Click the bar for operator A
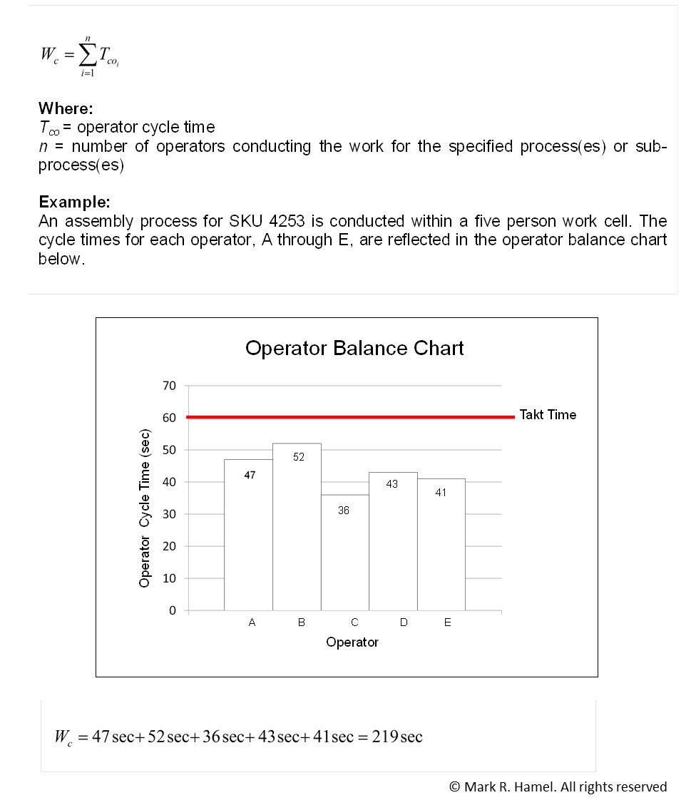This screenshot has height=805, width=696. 248,535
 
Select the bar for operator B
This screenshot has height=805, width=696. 297,528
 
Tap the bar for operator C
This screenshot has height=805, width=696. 344,553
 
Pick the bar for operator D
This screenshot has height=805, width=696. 393,542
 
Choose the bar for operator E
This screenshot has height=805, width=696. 441,545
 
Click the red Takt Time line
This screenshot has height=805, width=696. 349,416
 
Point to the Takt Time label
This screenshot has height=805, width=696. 548,415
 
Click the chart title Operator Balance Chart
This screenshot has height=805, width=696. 354,348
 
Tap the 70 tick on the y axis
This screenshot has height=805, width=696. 169,386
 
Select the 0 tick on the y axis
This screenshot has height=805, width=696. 172,611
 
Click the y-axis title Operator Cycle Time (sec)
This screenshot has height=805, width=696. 145,508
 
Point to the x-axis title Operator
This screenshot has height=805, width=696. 352,642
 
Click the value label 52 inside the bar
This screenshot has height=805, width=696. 299,457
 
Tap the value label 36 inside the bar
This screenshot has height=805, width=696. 344,511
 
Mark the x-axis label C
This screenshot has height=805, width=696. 354,622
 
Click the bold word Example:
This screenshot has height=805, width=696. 74,201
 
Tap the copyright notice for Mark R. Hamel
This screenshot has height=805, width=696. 558,786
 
